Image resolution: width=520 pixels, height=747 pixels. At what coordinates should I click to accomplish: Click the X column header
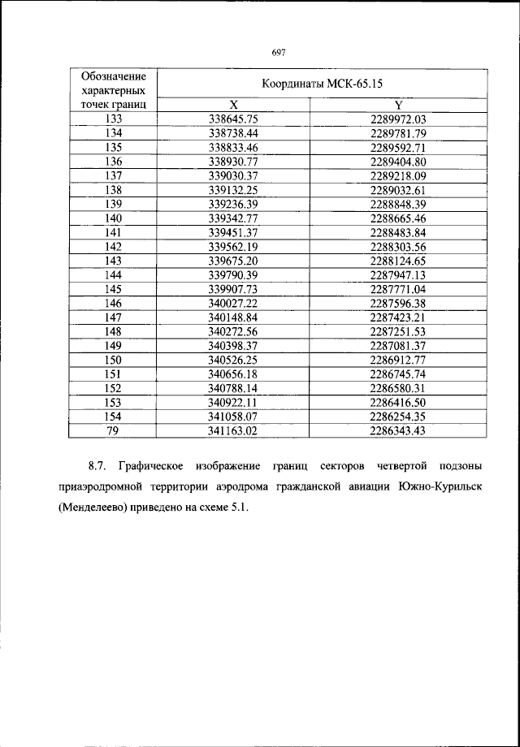[x=233, y=105]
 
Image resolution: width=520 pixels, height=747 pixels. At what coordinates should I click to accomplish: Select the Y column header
[x=398, y=105]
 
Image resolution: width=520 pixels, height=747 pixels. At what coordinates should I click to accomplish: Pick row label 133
[x=114, y=119]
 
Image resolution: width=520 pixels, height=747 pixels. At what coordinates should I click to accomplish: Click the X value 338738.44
[x=233, y=132]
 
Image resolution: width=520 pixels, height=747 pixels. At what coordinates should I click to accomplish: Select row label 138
[x=114, y=189]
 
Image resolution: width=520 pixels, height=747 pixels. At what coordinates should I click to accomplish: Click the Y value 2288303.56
[x=398, y=246]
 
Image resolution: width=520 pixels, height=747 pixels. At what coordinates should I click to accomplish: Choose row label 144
[x=114, y=274]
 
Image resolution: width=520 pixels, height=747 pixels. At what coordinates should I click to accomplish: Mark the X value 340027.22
[x=233, y=303]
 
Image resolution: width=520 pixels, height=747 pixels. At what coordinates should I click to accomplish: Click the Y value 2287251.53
[x=398, y=331]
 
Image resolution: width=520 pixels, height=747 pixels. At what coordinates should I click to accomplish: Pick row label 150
[x=114, y=360]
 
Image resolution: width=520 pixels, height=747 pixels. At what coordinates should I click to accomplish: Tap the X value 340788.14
[x=233, y=388]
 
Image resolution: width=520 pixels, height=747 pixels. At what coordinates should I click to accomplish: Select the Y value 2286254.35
[x=398, y=417]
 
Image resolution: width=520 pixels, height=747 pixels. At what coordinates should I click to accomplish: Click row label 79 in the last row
[x=114, y=431]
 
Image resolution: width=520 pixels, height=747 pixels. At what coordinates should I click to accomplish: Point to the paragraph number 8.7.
[x=98, y=467]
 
